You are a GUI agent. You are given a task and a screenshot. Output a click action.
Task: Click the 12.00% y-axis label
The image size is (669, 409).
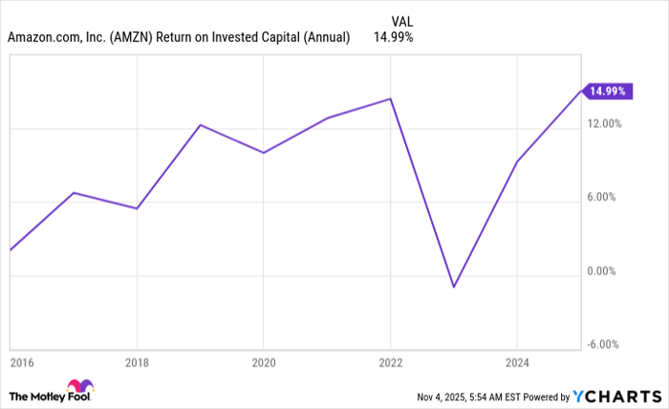point(604,124)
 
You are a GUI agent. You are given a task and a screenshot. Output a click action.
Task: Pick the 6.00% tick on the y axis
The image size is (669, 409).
point(606,198)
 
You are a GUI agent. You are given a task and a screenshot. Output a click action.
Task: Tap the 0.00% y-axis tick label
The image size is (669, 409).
point(606,271)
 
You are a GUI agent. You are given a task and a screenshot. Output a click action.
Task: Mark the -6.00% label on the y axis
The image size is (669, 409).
point(604,345)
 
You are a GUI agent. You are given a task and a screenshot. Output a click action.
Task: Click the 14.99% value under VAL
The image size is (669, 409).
point(395,37)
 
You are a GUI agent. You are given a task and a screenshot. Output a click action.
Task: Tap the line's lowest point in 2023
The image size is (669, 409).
point(454,287)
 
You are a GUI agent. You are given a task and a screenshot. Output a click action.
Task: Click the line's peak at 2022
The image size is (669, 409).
point(391,98)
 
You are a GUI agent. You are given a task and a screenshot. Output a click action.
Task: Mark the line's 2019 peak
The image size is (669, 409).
point(201,125)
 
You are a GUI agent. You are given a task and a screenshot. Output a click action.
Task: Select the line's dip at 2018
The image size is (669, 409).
point(137,208)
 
